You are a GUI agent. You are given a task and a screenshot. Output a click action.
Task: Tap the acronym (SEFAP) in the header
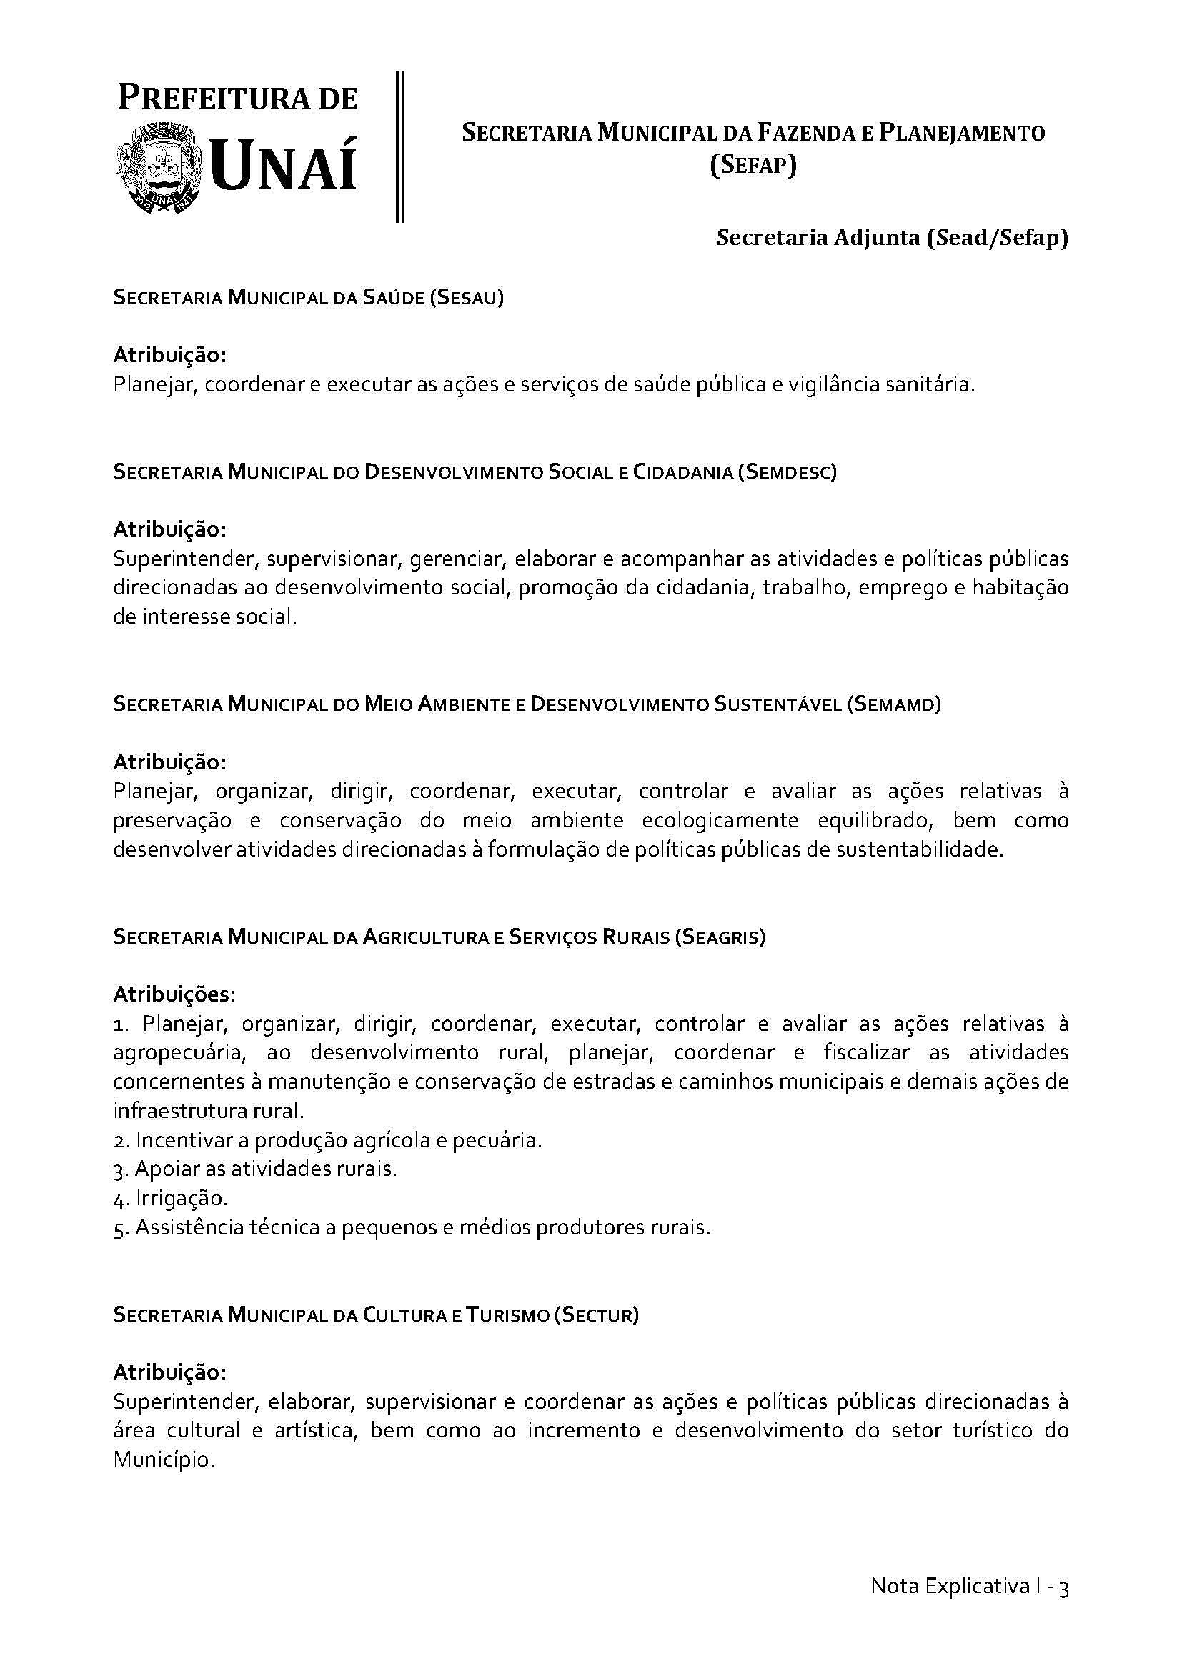tap(753, 166)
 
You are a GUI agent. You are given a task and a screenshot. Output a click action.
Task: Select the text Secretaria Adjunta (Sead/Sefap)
tap(892, 238)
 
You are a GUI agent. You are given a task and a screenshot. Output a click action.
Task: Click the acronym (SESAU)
tap(467, 298)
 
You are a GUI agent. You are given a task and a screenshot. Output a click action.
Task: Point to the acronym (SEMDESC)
tap(787, 472)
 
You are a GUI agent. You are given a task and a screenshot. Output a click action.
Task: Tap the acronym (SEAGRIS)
tap(719, 937)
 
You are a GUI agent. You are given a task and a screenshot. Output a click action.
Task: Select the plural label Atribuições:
tap(174, 994)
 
